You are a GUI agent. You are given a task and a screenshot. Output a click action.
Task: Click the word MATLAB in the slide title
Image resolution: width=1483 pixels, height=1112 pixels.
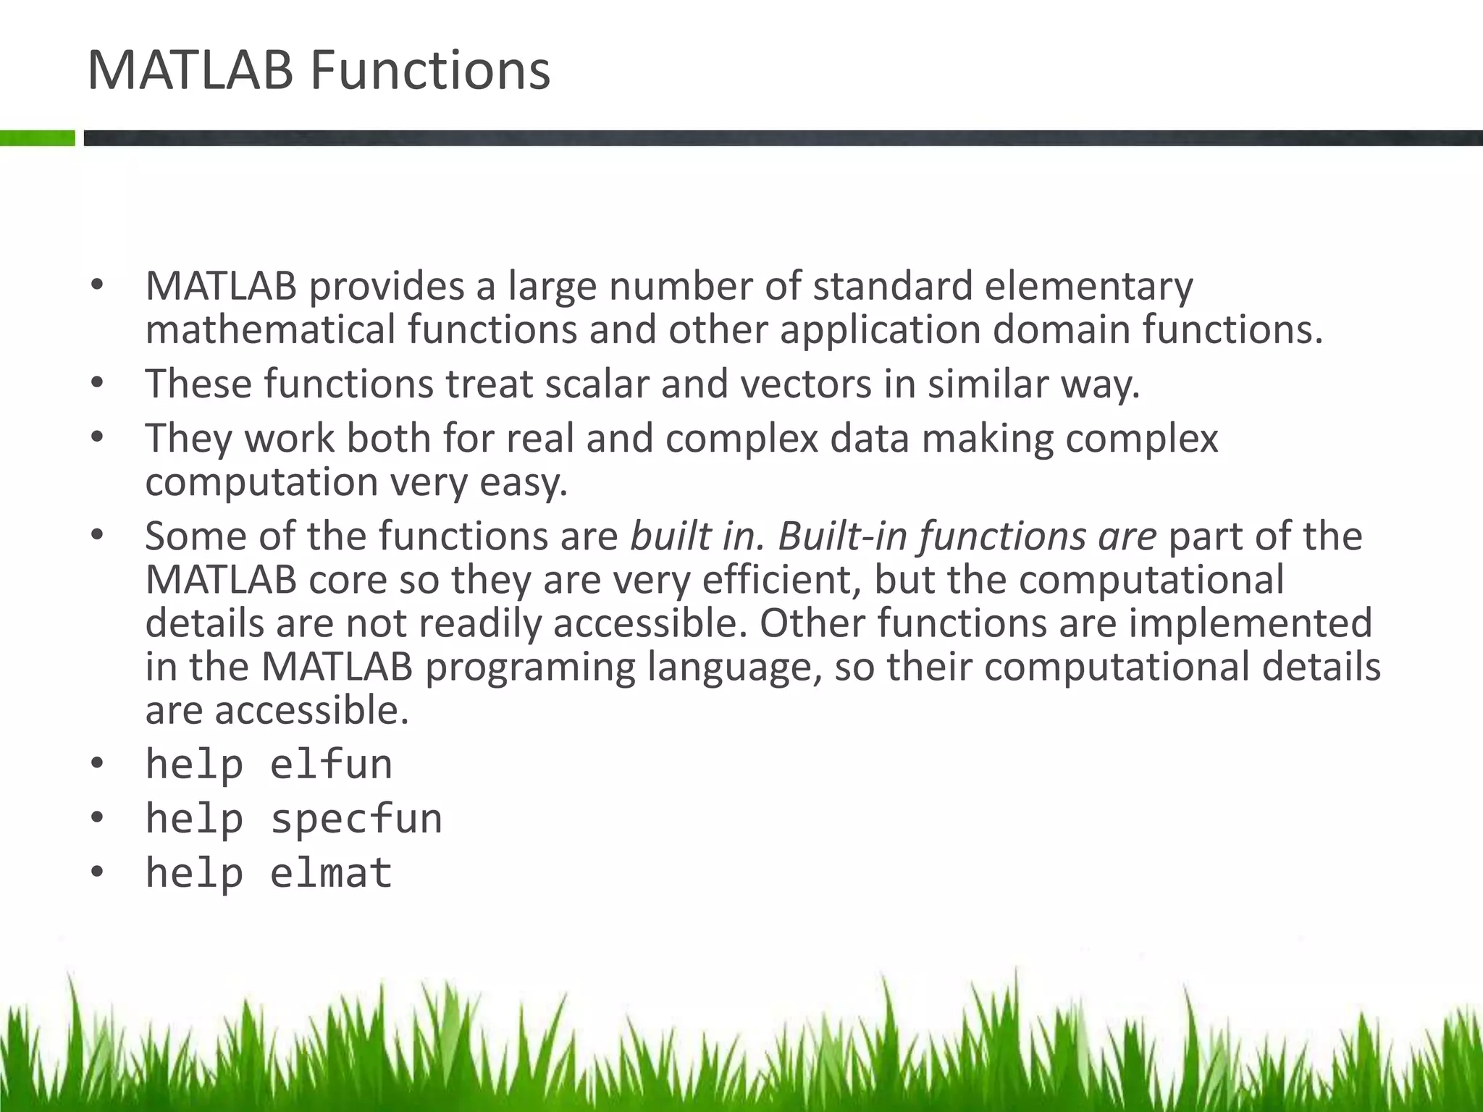pyautogui.click(x=190, y=71)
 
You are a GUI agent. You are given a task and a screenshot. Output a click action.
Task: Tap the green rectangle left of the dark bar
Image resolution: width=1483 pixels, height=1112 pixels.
pyautogui.click(x=37, y=138)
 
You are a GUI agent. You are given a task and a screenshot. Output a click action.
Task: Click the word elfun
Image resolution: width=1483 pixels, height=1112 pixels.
pyautogui.click(x=331, y=764)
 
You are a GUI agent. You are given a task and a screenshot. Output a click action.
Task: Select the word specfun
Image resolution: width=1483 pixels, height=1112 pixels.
pyautogui.click(x=356, y=819)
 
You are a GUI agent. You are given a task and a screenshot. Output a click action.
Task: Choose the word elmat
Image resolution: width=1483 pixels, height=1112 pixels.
pyautogui.click(x=331, y=873)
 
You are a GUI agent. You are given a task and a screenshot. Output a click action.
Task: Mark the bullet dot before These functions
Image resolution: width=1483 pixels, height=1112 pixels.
pyautogui.click(x=97, y=384)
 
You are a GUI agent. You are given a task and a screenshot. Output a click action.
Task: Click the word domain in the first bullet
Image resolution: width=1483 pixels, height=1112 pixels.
pyautogui.click(x=1061, y=330)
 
